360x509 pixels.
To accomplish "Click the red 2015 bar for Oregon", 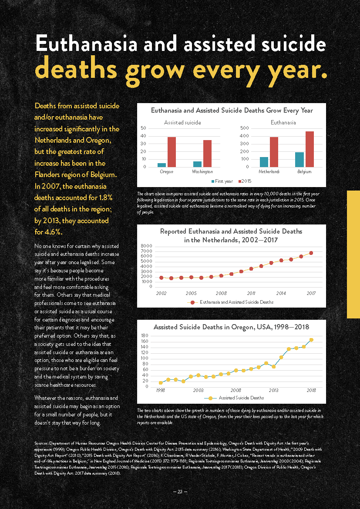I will pos(172,152).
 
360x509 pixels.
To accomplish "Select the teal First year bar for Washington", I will pos(198,164).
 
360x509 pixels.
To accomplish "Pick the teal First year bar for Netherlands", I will pos(264,162).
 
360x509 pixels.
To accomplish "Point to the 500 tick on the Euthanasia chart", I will pos(244,128).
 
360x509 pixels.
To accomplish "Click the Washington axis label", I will pos(202,172).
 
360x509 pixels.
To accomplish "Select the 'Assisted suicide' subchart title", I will pos(182,123).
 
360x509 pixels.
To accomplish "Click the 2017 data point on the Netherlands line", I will pos(311,253).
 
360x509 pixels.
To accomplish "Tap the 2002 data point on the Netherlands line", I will pos(161,278).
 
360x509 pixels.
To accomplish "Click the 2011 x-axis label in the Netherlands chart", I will pos(251,294).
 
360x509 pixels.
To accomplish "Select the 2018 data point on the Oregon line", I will pos(311,340).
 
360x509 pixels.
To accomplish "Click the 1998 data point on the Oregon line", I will pos(161,383).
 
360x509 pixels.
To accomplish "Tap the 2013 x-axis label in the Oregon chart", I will pos(273,390).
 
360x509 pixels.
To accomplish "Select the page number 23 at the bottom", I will pos(180,492).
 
